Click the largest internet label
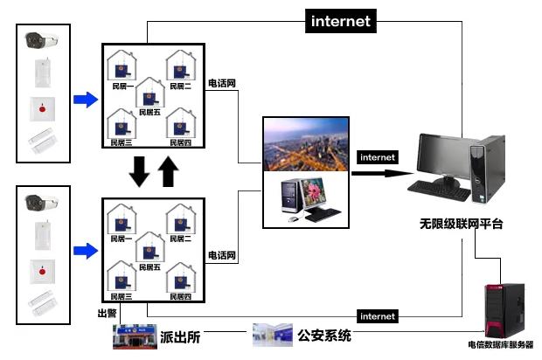(341, 21)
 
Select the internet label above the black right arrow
(378, 157)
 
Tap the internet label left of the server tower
(378, 315)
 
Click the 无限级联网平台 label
(461, 225)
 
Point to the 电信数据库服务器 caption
(500, 344)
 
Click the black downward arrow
(139, 170)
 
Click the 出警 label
(106, 312)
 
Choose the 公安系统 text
(324, 335)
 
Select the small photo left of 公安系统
(272, 334)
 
